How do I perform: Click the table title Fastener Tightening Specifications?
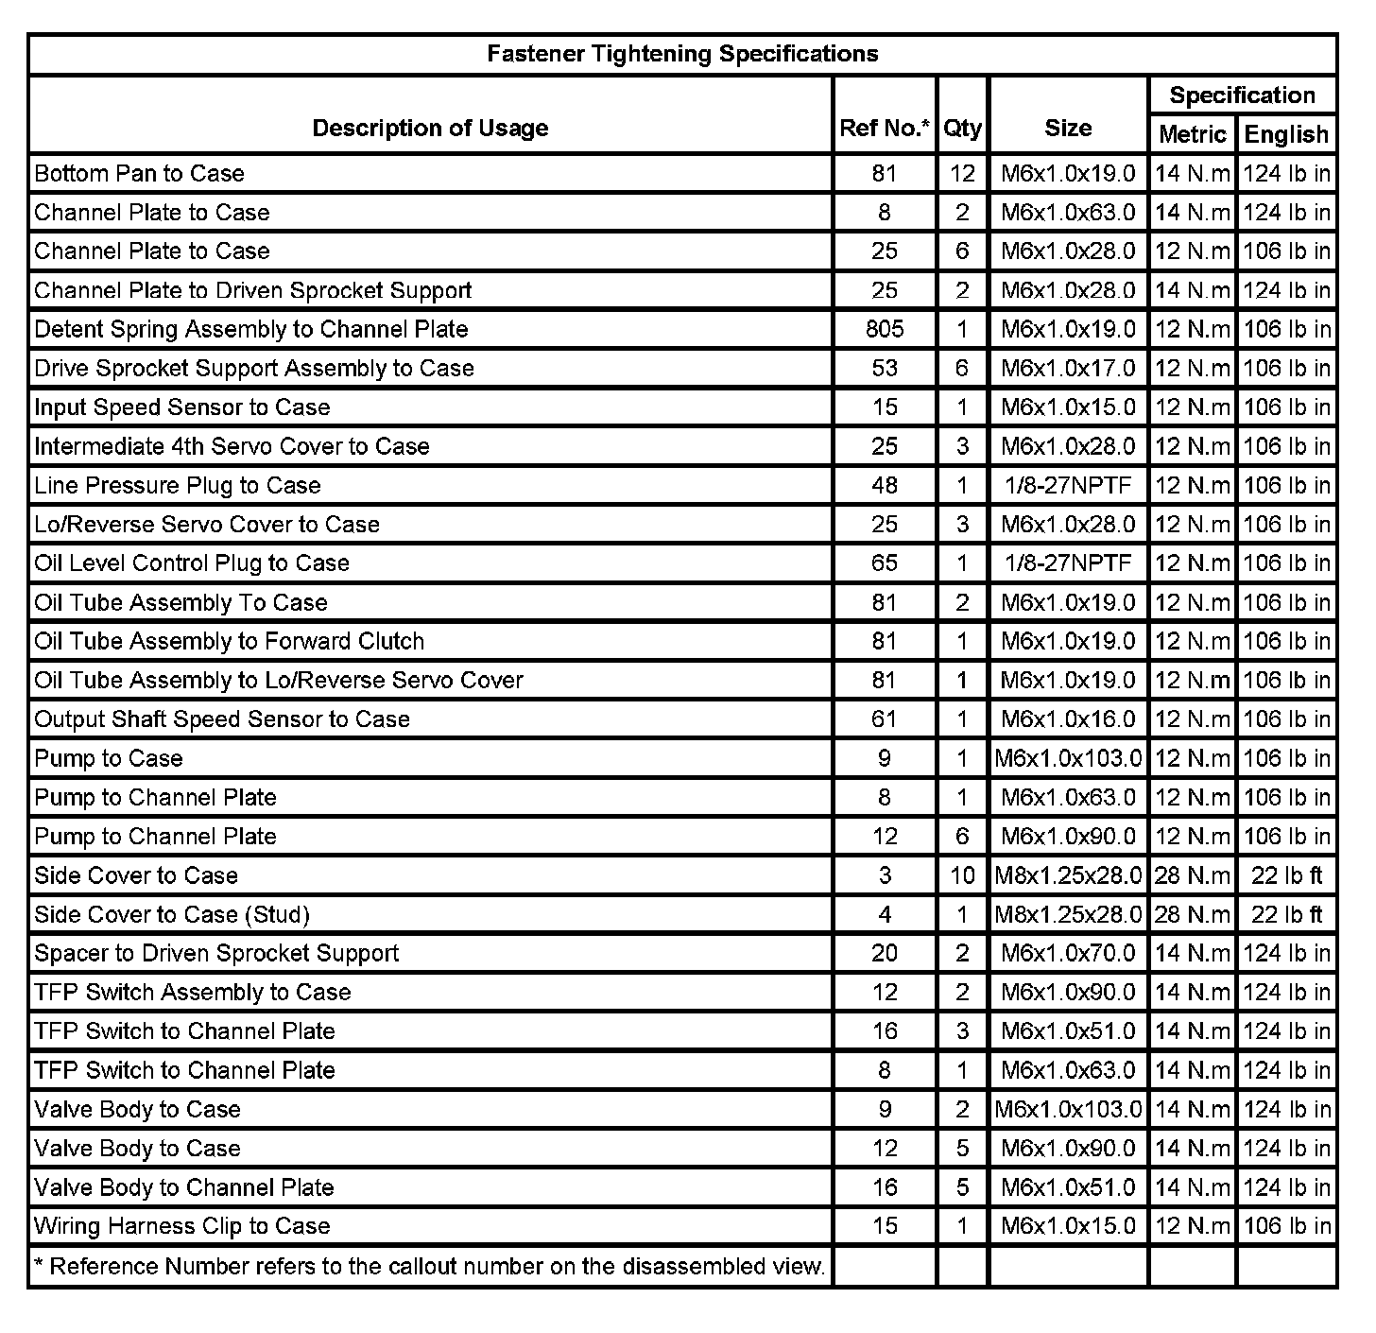click(682, 54)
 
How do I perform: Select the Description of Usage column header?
click(430, 128)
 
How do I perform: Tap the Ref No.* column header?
click(885, 128)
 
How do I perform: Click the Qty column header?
click(962, 128)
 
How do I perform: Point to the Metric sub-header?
click(1192, 134)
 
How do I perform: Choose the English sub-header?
click(1286, 134)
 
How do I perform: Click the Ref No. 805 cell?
click(885, 329)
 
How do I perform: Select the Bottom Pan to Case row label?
click(139, 173)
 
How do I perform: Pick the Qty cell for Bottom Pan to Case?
click(962, 173)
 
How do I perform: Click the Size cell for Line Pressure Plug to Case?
click(1068, 485)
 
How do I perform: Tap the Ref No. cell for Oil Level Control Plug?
click(885, 563)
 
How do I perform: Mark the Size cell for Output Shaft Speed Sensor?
click(1068, 719)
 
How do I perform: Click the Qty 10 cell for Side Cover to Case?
click(962, 875)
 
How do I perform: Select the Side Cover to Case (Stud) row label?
click(172, 914)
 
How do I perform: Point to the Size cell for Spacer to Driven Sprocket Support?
click(1068, 953)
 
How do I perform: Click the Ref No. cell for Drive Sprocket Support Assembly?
click(885, 368)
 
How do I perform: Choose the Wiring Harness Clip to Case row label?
click(182, 1226)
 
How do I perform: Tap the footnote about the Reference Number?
click(430, 1266)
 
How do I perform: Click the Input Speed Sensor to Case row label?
click(182, 407)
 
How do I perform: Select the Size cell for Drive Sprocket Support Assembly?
click(1068, 368)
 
